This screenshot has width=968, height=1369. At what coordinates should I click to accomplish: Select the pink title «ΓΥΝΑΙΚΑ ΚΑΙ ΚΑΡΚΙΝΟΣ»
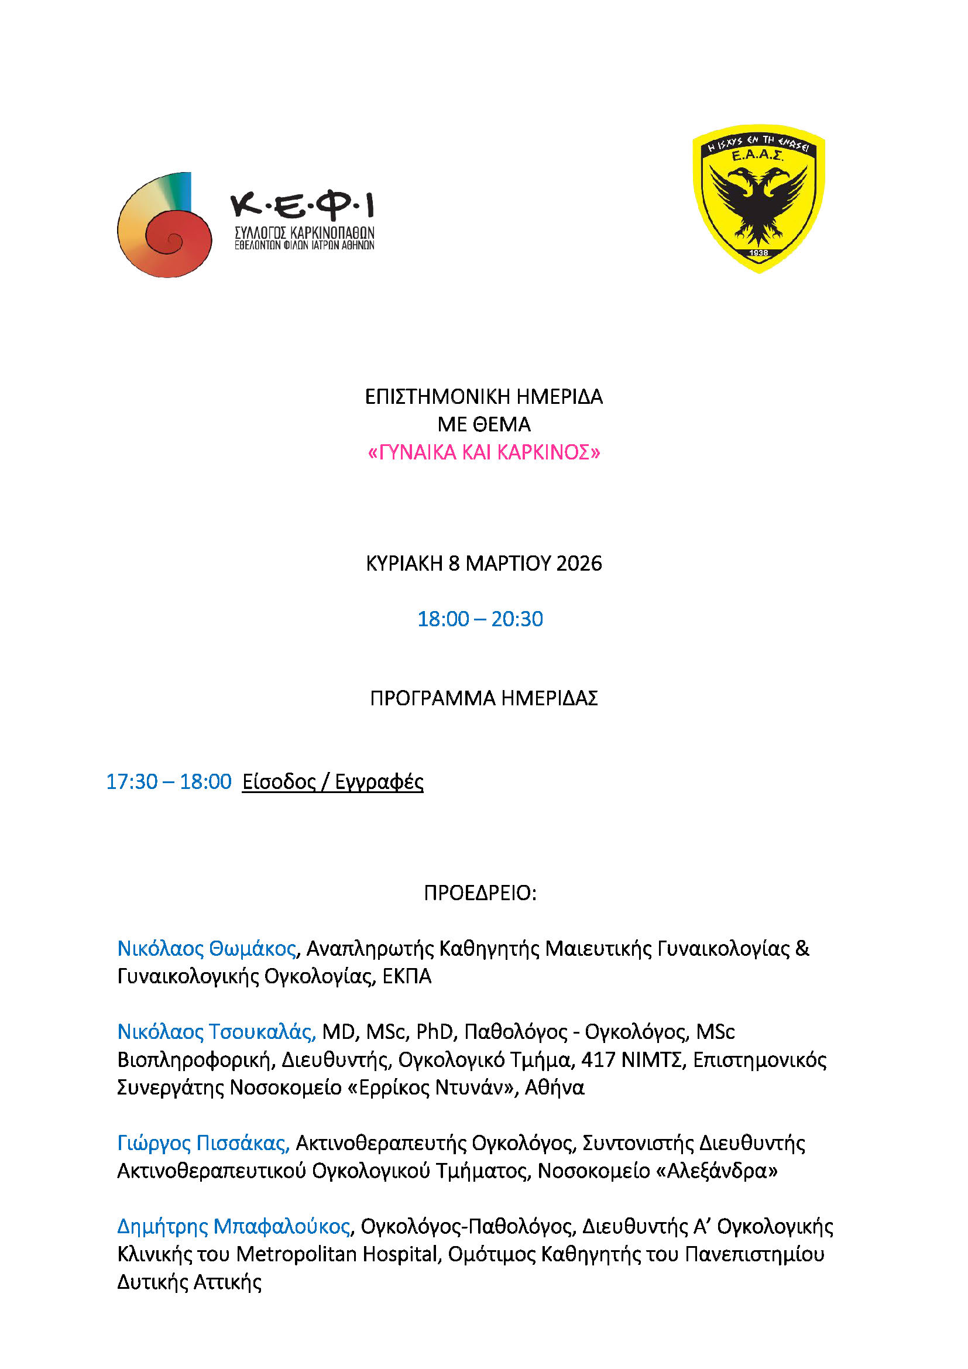tap(484, 452)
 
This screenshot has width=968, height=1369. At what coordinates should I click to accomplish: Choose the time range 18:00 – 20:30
tap(480, 619)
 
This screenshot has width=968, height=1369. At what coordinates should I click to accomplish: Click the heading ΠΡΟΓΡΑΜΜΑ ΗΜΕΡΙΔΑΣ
tap(484, 698)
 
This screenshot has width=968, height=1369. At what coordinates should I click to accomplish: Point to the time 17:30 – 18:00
tap(169, 782)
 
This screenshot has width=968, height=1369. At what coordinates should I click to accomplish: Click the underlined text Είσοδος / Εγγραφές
tap(332, 782)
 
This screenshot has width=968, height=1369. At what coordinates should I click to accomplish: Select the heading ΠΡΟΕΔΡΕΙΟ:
tap(480, 893)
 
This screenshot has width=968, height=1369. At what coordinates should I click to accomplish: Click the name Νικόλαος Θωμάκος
tap(206, 949)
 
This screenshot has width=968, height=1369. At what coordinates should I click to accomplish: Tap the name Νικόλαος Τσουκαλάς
tap(216, 1032)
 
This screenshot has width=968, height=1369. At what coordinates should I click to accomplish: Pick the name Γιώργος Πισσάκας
tap(202, 1143)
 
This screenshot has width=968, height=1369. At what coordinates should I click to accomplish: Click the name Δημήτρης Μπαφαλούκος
tap(233, 1227)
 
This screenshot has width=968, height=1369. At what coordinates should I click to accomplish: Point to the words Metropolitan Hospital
tap(337, 1254)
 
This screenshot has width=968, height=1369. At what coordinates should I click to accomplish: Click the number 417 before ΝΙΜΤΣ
tap(598, 1060)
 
